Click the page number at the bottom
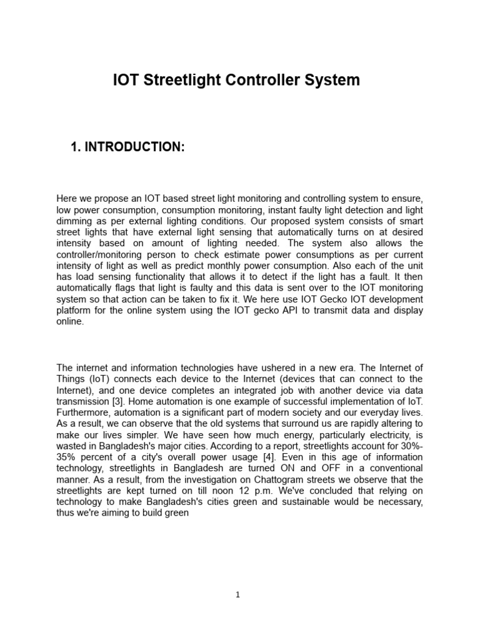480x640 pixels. pos(238,595)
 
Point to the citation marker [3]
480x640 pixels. pos(117,401)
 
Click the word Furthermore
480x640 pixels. pos(82,412)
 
